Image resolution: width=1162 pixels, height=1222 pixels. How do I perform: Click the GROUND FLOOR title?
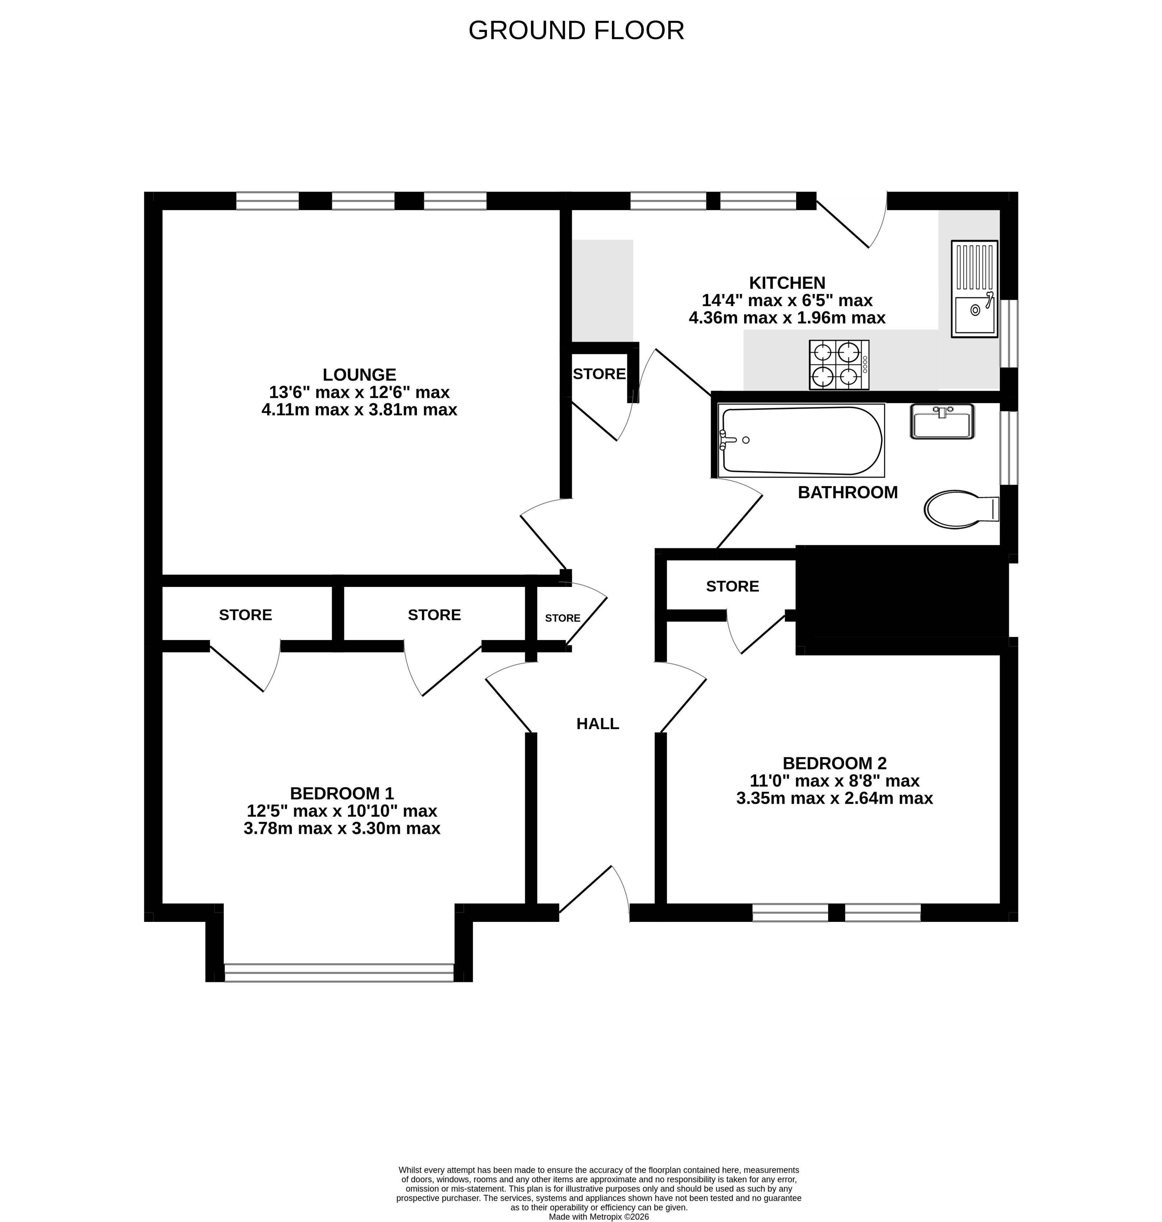coord(576,31)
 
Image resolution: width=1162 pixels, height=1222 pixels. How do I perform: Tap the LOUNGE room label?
coord(359,375)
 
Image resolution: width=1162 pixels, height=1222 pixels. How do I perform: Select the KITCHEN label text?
coord(787,283)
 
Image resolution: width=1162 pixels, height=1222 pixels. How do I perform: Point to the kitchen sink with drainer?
coord(974,289)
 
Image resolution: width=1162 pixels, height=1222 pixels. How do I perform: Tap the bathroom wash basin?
coord(942,422)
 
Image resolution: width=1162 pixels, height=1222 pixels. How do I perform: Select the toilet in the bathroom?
coord(961,509)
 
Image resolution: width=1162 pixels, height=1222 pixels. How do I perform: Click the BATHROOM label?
coord(847,493)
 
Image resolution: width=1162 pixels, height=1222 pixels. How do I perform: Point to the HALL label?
coord(598,723)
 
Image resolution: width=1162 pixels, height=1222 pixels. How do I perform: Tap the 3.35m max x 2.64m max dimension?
coord(835,798)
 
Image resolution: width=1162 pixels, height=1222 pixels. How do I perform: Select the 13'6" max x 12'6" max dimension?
coord(359,392)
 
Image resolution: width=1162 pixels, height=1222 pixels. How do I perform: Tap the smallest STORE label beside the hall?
coord(562,618)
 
